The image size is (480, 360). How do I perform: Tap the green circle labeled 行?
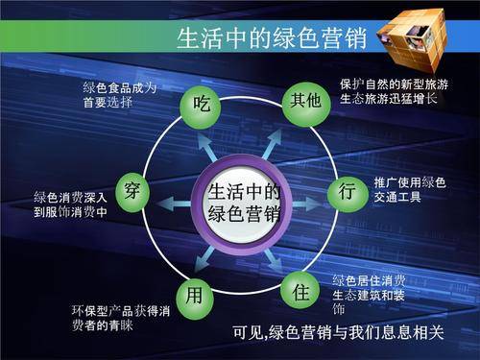[348, 191]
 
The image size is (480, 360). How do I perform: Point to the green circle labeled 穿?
[132, 190]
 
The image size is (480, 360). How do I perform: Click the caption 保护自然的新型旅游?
[394, 84]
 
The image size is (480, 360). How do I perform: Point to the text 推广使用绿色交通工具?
[409, 189]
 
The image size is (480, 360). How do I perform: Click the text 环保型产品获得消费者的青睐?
[121, 318]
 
